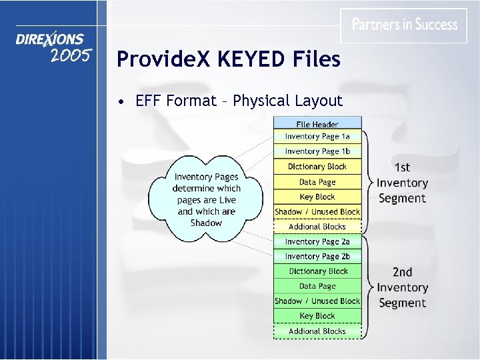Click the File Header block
[x=317, y=123]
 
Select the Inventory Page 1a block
[x=317, y=137]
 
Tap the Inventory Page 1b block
[x=317, y=151]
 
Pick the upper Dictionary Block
[x=317, y=167]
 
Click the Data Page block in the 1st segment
[x=317, y=182]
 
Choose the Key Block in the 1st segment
[x=317, y=197]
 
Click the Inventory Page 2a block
[x=317, y=241]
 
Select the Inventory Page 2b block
[x=317, y=256]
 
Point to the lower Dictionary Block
[x=317, y=271]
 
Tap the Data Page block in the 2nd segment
[x=317, y=286]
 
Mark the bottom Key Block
[x=317, y=316]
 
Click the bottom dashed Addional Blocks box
[x=317, y=331]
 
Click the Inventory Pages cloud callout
[x=206, y=199]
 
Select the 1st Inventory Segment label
[x=402, y=183]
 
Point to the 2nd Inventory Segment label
[x=402, y=287]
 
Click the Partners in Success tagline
[x=405, y=25]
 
